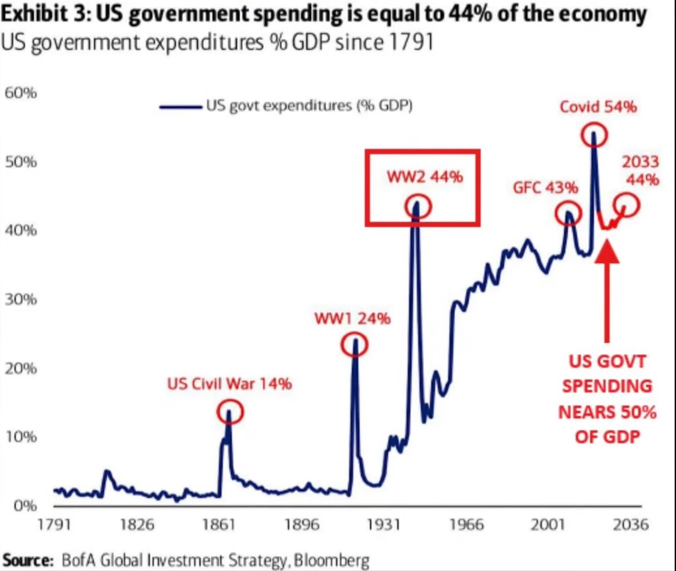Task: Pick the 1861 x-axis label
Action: point(220,525)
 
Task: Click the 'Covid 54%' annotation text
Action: point(598,107)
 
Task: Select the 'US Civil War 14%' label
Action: point(230,384)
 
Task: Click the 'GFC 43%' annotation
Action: point(545,188)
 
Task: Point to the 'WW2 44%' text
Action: point(425,177)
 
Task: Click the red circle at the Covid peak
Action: point(594,135)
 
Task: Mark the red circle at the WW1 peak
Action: point(355,345)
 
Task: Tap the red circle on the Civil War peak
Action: point(230,411)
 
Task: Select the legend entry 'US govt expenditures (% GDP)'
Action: point(309,106)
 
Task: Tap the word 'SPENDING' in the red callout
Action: point(606,387)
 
